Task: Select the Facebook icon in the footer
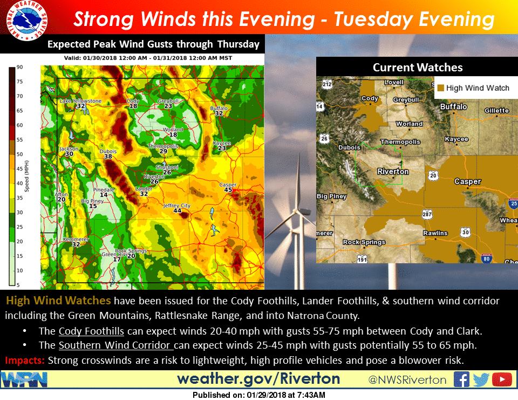(x=461, y=379)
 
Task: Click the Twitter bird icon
(x=481, y=379)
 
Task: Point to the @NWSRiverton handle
(x=407, y=380)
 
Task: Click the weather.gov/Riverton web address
(x=258, y=378)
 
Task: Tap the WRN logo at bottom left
(x=25, y=379)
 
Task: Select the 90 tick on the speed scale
(x=19, y=67)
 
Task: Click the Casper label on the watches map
(x=467, y=182)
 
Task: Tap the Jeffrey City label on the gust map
(x=177, y=205)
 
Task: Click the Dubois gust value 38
(x=108, y=157)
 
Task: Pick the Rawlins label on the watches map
(x=435, y=233)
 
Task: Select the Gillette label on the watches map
(x=496, y=110)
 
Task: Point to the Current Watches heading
(x=417, y=68)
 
